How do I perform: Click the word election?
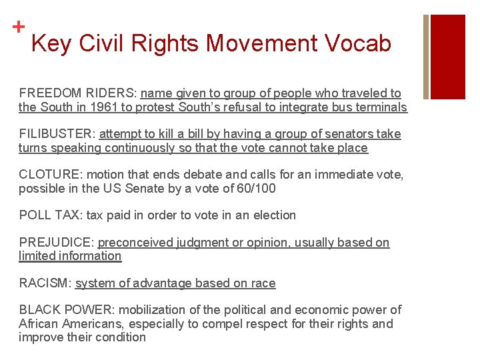pyautogui.click(x=271, y=215)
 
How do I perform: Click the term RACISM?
pyautogui.click(x=44, y=283)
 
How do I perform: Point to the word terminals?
pyautogui.click(x=381, y=107)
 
